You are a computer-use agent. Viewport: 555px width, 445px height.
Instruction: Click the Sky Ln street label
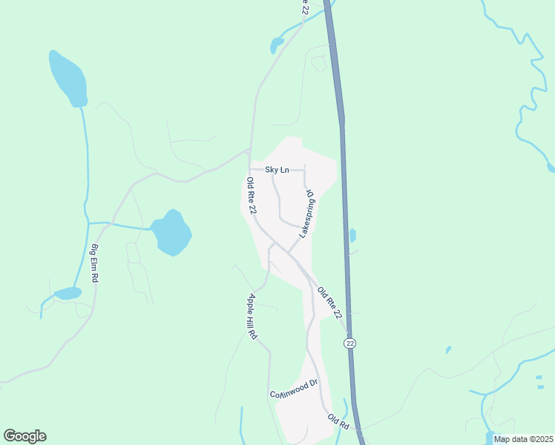[x=276, y=170]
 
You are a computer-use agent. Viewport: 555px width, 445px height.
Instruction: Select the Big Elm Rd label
[x=95, y=263]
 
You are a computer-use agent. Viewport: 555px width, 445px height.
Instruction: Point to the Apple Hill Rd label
[x=252, y=317]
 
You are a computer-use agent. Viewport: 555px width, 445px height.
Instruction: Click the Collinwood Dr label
[x=294, y=388]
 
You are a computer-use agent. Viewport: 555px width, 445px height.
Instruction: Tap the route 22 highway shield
[x=350, y=342]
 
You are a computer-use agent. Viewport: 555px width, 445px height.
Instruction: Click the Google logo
[x=24, y=436]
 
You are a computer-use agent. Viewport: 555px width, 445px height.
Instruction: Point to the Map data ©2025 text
[x=523, y=439]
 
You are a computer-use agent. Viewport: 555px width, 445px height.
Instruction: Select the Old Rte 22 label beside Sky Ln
[x=252, y=197]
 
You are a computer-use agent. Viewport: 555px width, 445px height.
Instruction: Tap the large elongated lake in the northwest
[x=68, y=78]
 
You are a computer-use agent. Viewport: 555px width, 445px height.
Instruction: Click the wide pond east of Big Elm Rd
[x=171, y=232]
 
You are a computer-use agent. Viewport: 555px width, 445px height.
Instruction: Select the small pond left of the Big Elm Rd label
[x=68, y=293]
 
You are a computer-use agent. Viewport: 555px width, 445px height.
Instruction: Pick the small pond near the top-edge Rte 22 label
[x=277, y=45]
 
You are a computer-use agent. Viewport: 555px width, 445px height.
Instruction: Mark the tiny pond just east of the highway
[x=352, y=235]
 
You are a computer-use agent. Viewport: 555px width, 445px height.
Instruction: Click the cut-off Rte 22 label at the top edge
[x=303, y=7]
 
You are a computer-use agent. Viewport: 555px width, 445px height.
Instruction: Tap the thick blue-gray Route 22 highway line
[x=344, y=185]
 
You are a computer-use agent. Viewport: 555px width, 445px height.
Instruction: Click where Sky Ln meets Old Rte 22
[x=250, y=169]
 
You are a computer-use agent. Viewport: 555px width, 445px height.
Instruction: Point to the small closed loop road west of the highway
[x=319, y=64]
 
